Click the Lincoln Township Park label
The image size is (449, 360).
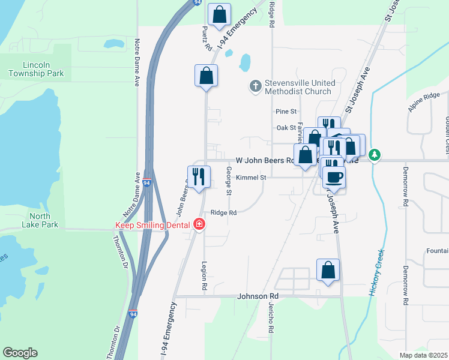pyautogui.click(x=35, y=69)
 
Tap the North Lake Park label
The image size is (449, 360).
pyautogui.click(x=44, y=220)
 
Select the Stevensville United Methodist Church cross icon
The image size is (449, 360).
pyautogui.click(x=255, y=86)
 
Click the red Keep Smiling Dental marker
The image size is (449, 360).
pyautogui.click(x=199, y=225)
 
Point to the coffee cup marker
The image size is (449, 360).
pyautogui.click(x=334, y=176)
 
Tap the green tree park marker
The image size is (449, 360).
pyautogui.click(x=375, y=155)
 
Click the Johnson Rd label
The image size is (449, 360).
pyautogui.click(x=258, y=296)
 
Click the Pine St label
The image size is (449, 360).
pyautogui.click(x=286, y=112)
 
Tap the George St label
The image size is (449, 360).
pyautogui.click(x=229, y=181)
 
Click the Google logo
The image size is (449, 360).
pyautogui.click(x=20, y=353)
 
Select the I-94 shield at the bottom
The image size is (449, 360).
pyautogui.click(x=133, y=314)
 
